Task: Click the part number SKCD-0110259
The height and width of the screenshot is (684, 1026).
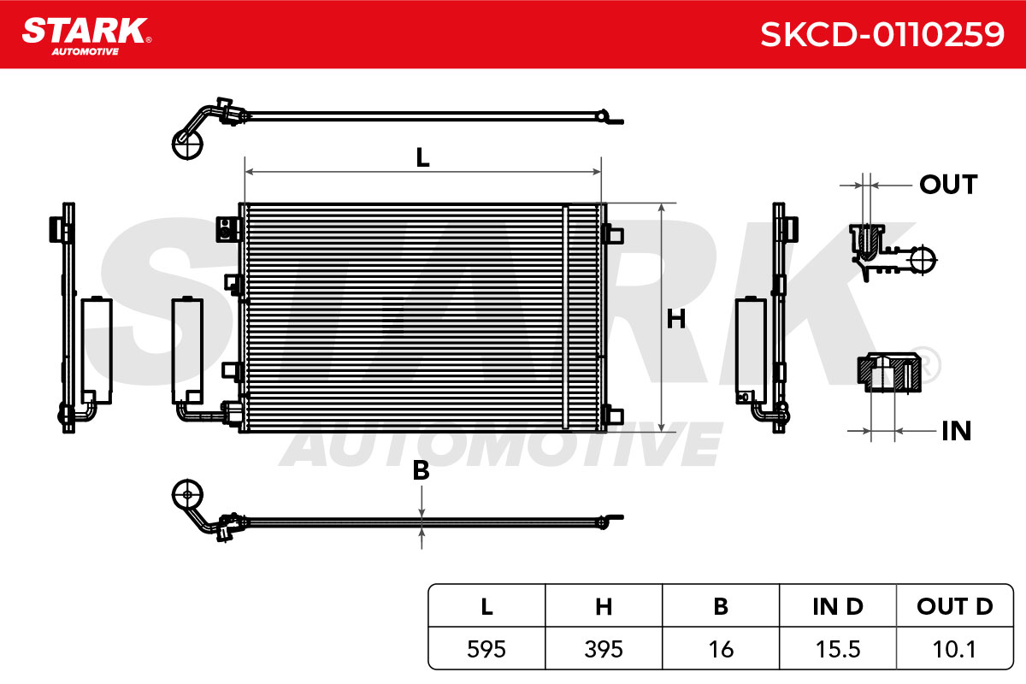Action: (882, 35)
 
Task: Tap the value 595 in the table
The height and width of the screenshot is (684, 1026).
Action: (486, 649)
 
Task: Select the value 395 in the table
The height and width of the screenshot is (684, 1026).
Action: (604, 649)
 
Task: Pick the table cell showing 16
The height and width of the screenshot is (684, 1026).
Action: (721, 649)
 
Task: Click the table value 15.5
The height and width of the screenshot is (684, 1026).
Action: (838, 649)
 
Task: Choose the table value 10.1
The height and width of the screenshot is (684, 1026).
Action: (954, 649)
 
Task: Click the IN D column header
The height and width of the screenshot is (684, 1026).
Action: (838, 606)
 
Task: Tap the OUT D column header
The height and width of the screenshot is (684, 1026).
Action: (955, 606)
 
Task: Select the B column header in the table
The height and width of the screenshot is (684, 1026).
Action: (721, 606)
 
